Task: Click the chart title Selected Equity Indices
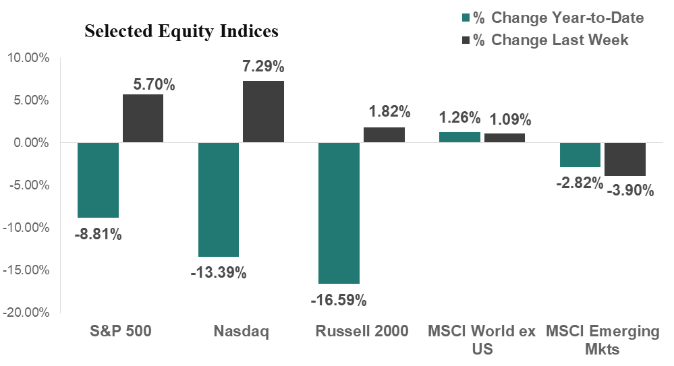pos(181,32)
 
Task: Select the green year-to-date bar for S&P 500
pos(98,180)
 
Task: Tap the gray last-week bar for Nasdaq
pos(263,112)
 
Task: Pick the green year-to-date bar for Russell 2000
pos(339,213)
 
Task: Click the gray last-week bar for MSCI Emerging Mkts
pos(625,159)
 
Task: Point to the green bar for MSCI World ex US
pos(460,138)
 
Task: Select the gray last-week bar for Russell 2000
pos(385,135)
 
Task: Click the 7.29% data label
pos(263,67)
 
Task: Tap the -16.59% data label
pos(338,299)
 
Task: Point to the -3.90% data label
pos(630,191)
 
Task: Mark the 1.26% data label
pos(459,119)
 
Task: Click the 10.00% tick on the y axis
pos(28,58)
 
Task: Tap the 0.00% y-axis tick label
pos(30,143)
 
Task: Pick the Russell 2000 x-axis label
pos(362,332)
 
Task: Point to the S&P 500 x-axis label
pos(121,332)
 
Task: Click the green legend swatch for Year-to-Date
pos(466,18)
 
